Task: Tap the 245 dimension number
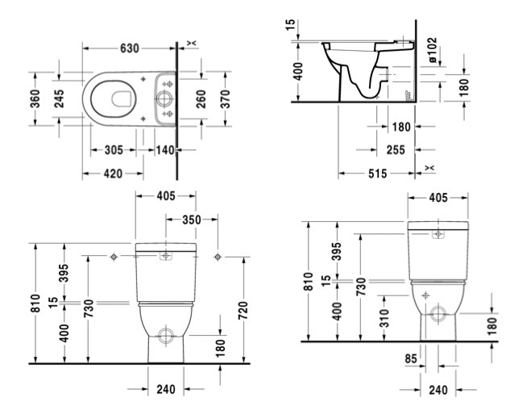pyautogui.click(x=60, y=100)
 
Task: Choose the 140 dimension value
pyautogui.click(x=164, y=150)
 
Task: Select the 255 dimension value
pyautogui.click(x=396, y=149)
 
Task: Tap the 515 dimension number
pyautogui.click(x=377, y=173)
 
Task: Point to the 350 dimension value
pyautogui.click(x=192, y=219)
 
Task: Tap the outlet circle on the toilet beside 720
pyautogui.click(x=166, y=333)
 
